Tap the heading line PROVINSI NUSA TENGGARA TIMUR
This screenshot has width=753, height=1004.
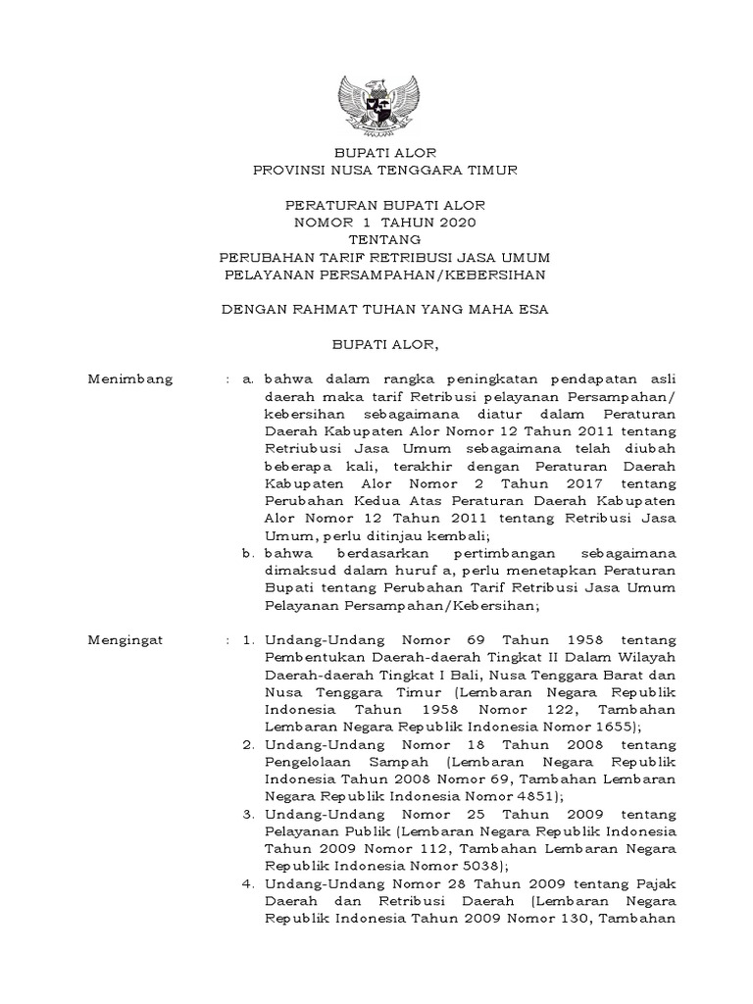379,171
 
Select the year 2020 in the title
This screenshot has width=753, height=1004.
454,223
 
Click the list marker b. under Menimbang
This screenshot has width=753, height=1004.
249,554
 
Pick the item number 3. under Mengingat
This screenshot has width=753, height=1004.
249,815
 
